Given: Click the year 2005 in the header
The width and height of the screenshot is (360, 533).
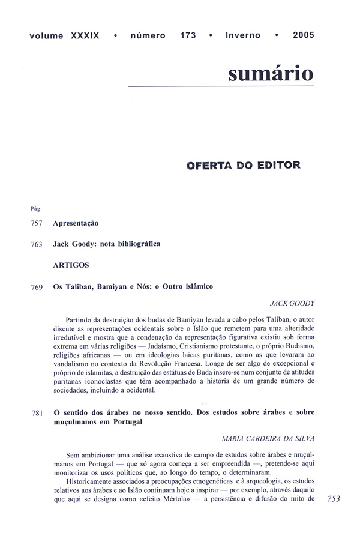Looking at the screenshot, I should pyautogui.click(x=304, y=35).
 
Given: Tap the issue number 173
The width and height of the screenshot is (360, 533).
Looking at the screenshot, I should pyautogui.click(x=187, y=35).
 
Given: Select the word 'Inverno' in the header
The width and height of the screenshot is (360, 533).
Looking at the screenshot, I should pyautogui.click(x=243, y=35).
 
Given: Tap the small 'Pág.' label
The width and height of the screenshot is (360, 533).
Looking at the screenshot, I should pyautogui.click(x=35, y=209).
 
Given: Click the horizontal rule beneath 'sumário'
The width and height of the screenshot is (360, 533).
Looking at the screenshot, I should pyautogui.click(x=221, y=87).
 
